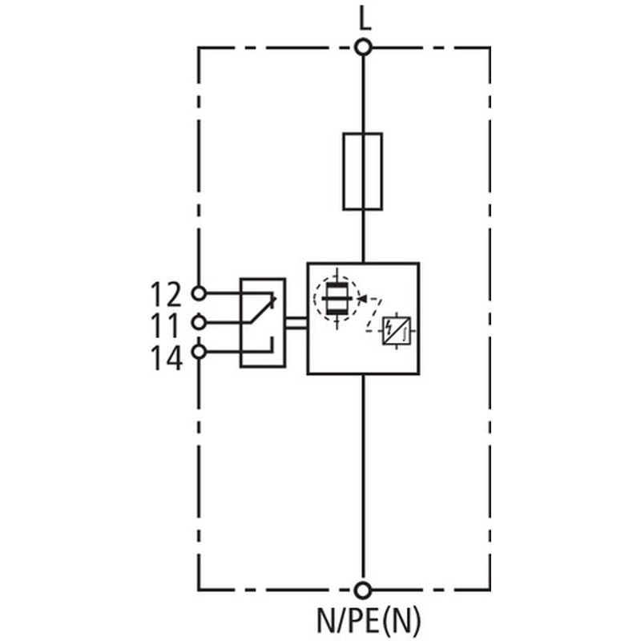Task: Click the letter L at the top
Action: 365,18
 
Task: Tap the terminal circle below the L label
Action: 364,47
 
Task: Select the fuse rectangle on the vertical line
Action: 363,171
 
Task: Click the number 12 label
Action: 166,294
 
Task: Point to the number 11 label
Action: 166,325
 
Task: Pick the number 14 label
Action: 166,357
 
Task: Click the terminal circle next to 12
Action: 199,293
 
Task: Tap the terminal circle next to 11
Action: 199,322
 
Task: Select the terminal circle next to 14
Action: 199,351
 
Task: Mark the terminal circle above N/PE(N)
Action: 364,591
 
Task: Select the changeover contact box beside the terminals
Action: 263,322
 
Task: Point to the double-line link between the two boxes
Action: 296,322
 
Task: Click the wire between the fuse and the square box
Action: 364,236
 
